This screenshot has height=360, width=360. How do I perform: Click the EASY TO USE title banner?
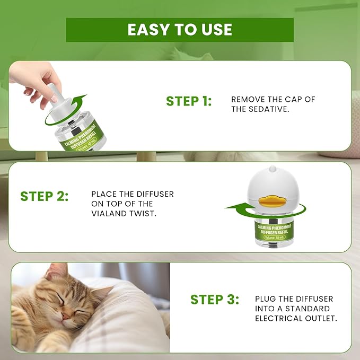180,30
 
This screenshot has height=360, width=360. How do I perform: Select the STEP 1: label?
189,101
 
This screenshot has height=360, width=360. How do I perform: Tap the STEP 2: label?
45,196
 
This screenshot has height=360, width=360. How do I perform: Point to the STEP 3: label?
215,299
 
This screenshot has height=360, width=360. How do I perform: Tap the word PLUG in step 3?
266,299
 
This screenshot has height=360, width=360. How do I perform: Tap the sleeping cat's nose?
65,317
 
